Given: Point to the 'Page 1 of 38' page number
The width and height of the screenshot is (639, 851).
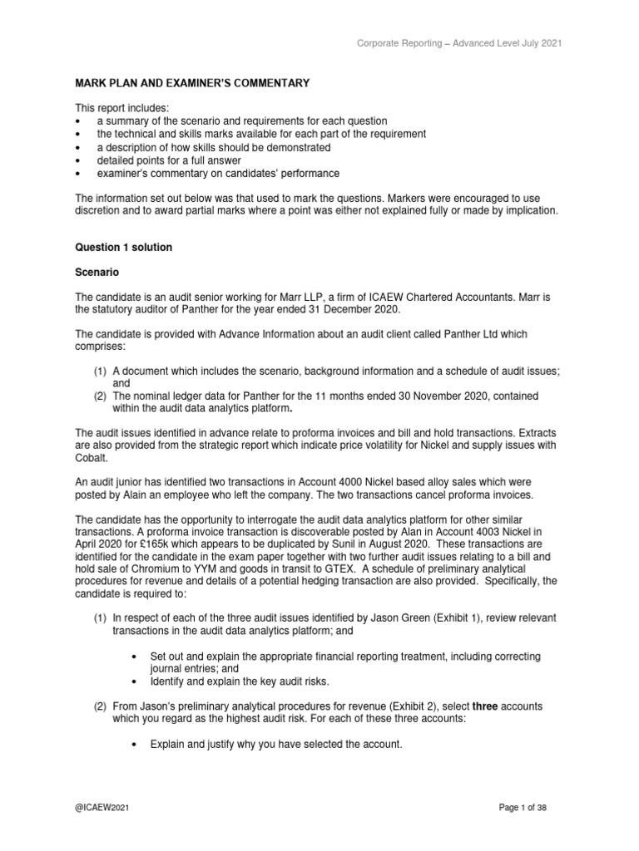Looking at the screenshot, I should pyautogui.click(x=520, y=807).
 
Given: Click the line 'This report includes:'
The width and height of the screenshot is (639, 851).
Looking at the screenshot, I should pyautogui.click(x=119, y=107).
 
